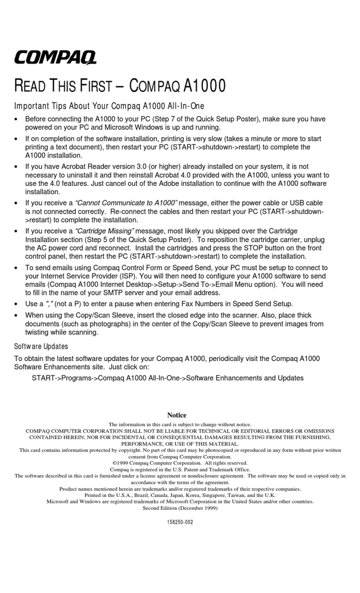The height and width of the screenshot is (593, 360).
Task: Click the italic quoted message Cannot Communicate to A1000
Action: point(126,203)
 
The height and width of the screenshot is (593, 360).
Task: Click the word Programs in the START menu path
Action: point(78,378)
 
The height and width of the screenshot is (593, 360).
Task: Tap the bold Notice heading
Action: point(176,415)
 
